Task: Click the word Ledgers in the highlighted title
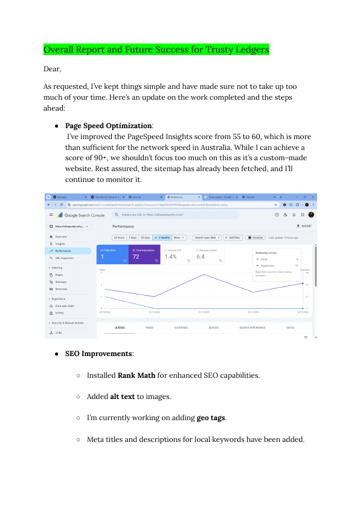249,49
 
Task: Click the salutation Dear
53,69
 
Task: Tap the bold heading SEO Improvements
99,353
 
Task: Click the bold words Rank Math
136,375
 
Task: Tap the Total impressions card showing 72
144,254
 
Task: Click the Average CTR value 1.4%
171,256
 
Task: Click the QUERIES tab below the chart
121,328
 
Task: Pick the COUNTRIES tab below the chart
181,328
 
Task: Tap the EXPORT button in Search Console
306,226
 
